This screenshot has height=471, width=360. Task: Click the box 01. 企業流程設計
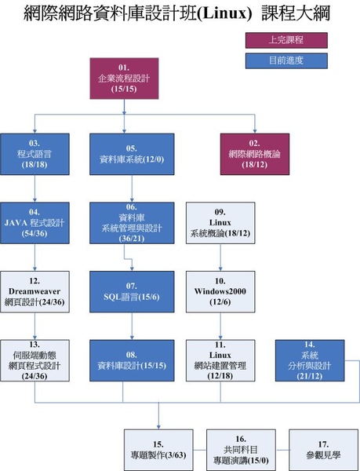pos(124,78)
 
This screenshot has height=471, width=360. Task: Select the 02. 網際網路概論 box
pos(255,154)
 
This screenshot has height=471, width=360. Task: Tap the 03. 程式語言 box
pos(35,154)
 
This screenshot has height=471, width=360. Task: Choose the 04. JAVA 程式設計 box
pos(35,223)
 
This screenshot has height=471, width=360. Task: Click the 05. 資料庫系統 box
pos(132,154)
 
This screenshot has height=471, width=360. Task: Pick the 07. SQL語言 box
pos(132,292)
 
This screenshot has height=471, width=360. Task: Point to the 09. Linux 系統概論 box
pos(220,223)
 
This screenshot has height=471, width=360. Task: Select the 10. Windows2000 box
pos(220,292)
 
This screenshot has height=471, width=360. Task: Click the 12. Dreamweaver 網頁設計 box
pos(35,292)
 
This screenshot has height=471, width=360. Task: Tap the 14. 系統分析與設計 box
pos(310,360)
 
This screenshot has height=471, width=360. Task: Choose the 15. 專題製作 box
pos(158,450)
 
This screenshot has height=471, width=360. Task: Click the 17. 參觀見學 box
pos(323,450)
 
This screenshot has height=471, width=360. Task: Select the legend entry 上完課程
pos(286,40)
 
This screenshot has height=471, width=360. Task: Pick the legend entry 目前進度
pos(286,61)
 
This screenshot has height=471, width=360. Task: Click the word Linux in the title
pos(224,14)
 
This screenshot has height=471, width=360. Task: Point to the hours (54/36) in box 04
pos(35,233)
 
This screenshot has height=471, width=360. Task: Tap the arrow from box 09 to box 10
pos(220,257)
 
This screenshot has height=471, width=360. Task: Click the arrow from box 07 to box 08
pos(132,327)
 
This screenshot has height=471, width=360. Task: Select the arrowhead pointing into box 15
pos(158,427)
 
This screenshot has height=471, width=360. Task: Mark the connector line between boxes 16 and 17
pos(282,450)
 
